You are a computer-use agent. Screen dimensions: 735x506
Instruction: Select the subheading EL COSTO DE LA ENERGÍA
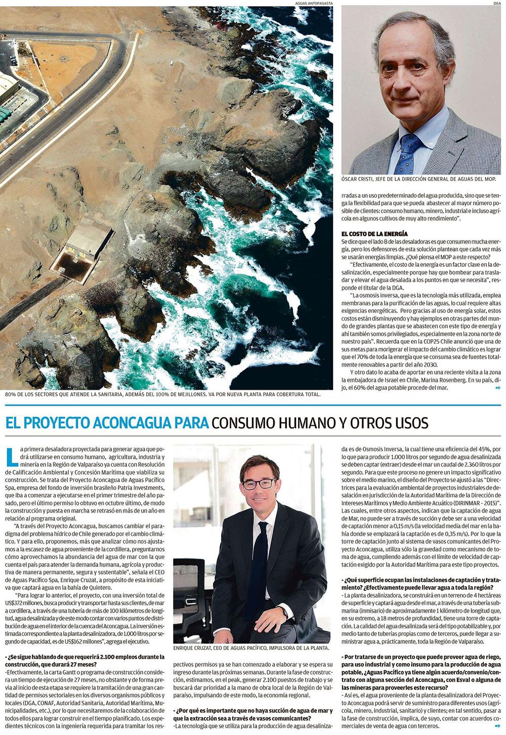(x=374, y=234)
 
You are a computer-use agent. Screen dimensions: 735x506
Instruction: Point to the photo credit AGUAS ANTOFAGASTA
(x=314, y=3)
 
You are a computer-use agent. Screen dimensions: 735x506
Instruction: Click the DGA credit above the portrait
(x=497, y=3)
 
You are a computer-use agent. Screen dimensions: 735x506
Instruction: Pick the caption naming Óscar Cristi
(x=418, y=179)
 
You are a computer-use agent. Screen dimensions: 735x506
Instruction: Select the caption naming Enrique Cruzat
(x=251, y=648)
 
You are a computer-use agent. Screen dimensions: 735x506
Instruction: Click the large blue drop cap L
(x=11, y=455)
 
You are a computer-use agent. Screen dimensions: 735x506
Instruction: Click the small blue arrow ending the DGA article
(x=498, y=388)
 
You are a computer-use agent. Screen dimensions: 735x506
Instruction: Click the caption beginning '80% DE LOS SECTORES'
(x=162, y=395)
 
